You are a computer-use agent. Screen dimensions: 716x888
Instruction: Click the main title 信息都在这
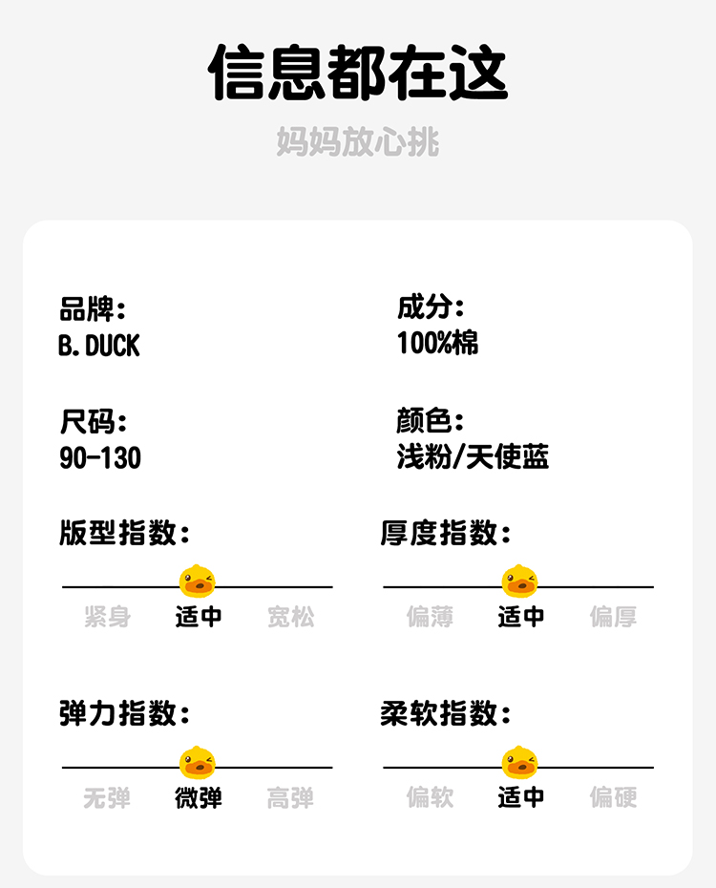(358, 73)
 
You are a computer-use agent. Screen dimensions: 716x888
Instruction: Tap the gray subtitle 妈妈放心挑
(358, 142)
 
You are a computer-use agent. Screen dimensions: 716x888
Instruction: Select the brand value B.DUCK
(98, 345)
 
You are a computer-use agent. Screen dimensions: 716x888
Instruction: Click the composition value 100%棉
(437, 343)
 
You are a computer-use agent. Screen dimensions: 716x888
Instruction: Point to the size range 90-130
(99, 457)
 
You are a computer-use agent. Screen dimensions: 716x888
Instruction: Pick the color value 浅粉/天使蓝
(473, 456)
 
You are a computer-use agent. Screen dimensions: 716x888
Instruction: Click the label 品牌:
(92, 308)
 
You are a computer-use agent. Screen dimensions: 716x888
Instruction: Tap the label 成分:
(430, 307)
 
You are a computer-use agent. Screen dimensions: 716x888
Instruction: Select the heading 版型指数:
(124, 533)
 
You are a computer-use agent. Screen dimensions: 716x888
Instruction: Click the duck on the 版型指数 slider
(198, 581)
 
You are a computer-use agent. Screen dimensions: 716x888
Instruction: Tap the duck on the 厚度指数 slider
(520, 581)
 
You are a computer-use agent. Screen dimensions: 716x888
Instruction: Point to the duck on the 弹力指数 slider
(198, 762)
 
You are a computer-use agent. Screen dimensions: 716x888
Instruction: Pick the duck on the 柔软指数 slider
(520, 762)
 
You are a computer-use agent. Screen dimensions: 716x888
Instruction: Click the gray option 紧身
(107, 617)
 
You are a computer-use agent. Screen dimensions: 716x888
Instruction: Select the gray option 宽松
(290, 617)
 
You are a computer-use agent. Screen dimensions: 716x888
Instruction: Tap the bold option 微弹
(199, 797)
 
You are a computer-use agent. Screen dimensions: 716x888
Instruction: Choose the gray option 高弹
(290, 797)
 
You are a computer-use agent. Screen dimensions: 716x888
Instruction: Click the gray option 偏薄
(430, 617)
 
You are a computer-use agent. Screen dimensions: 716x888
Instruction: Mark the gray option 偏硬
(613, 797)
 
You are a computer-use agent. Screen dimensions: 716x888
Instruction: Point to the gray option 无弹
(107, 797)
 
